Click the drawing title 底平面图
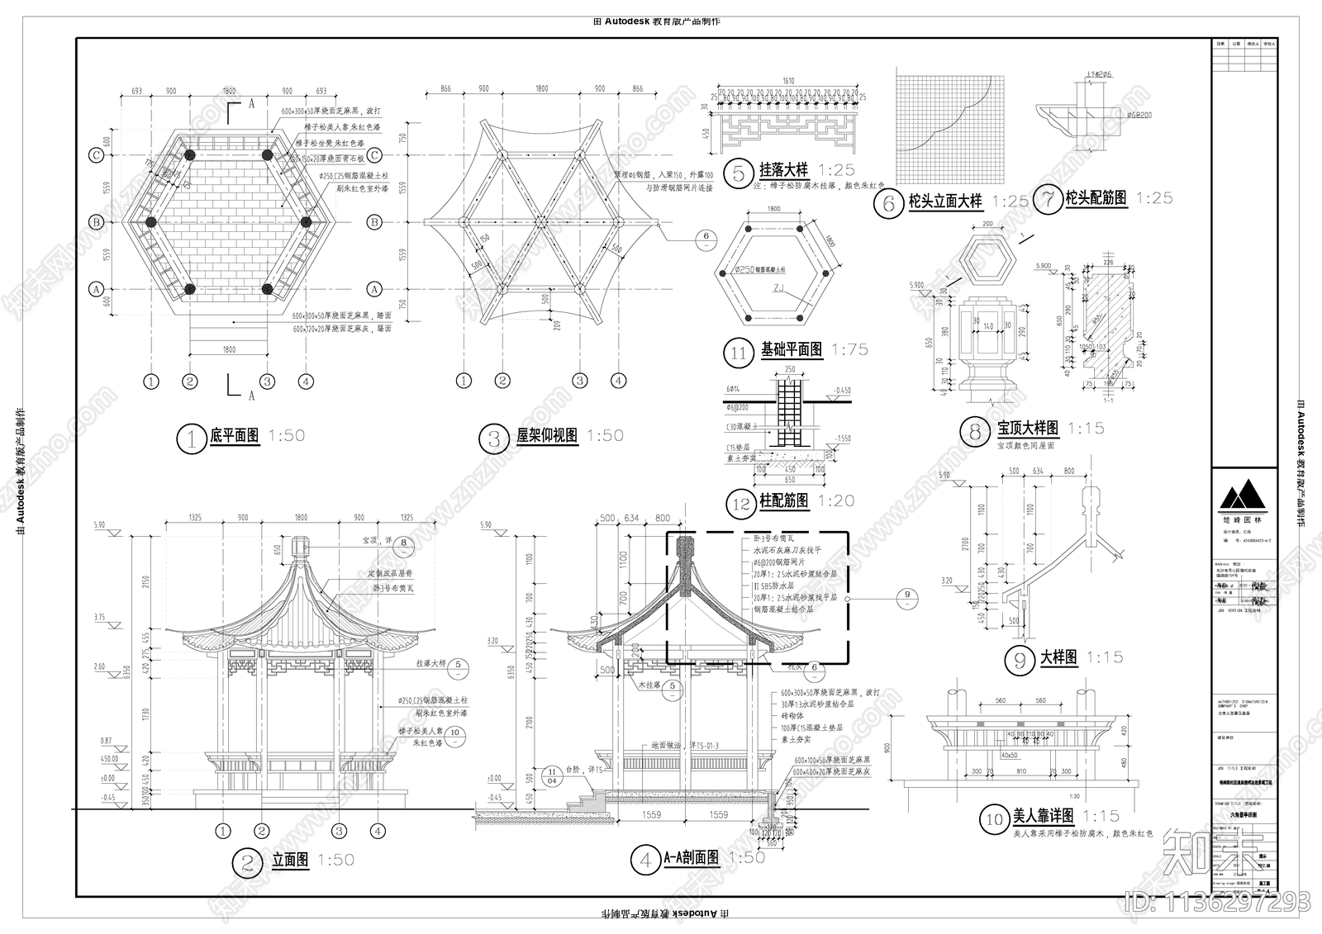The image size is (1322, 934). tap(235, 435)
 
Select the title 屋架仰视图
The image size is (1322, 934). tap(547, 435)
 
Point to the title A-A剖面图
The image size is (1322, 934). tap(691, 859)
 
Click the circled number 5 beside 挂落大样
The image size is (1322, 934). tap(738, 173)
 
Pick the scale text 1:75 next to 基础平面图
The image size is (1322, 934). tap(850, 349)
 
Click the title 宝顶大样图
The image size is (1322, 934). tap(1027, 428)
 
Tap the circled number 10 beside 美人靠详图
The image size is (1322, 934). tap(992, 819)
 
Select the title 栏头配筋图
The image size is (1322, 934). tap(1096, 198)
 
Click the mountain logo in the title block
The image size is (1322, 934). tap(1242, 496)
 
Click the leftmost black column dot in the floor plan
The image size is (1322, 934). tap(150, 222)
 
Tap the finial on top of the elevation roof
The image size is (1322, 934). tap(300, 547)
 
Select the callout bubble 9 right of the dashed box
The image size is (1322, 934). tap(906, 594)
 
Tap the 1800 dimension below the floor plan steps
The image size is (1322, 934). tap(229, 349)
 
